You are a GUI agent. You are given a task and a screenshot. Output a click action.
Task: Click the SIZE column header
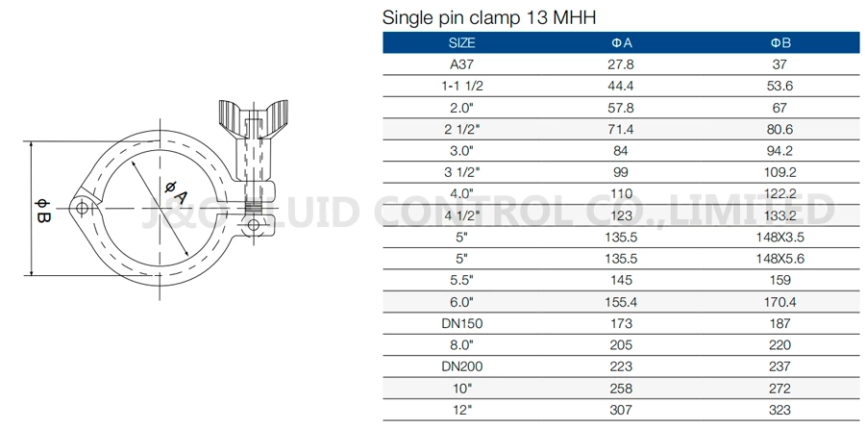point(462,43)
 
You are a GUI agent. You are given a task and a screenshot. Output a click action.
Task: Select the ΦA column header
point(622,43)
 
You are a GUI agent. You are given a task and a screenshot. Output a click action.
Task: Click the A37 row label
point(462,64)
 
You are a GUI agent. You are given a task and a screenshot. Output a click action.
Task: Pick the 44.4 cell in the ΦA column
point(622,86)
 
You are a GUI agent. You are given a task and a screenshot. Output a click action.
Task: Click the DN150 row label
point(462,323)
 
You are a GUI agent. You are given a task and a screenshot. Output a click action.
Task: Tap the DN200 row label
point(462,366)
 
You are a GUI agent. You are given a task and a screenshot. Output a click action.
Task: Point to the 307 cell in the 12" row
point(622,410)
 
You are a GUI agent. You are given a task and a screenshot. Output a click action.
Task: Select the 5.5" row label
point(462,280)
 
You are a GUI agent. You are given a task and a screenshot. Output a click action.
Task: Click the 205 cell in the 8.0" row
point(622,344)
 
